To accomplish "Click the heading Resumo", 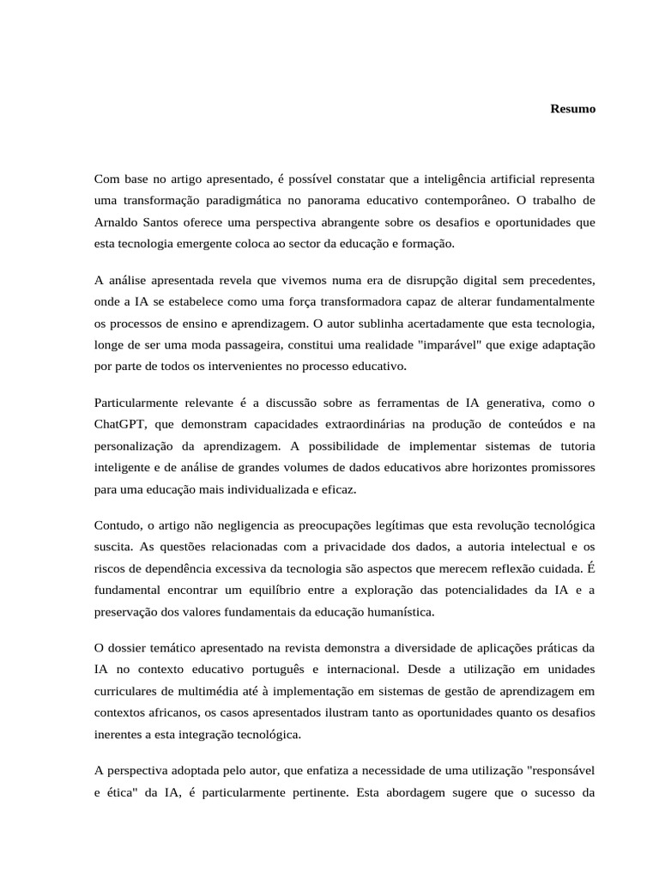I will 573,110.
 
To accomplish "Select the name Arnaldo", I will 116,222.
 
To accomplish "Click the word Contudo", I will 116,524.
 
